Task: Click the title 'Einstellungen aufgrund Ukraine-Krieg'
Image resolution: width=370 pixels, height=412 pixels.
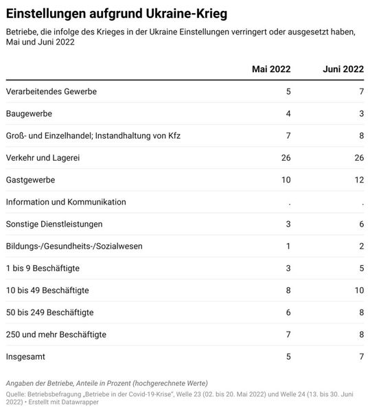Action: click(117, 14)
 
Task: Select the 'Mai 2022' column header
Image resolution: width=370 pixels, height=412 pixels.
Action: click(271, 69)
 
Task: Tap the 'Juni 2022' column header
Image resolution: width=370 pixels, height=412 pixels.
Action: click(343, 69)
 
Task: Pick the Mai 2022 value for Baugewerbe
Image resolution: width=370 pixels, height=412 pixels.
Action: click(288, 113)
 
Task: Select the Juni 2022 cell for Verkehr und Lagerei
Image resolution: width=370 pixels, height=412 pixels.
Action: click(358, 158)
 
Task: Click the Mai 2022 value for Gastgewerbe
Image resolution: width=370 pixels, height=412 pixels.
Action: click(286, 180)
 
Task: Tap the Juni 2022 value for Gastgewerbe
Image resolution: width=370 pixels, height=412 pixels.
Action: click(358, 180)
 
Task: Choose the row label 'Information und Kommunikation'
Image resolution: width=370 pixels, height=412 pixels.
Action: click(66, 202)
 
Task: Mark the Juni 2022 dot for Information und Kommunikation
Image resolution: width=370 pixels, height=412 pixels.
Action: click(362, 203)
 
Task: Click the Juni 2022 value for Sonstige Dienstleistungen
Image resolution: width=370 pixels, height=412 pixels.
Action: click(360, 224)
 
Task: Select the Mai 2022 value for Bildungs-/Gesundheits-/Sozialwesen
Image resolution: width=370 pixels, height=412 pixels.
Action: click(288, 246)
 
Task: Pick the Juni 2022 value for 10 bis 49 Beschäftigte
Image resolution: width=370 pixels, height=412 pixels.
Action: click(358, 290)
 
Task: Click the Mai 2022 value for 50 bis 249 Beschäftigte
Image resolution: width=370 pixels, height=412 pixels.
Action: click(288, 312)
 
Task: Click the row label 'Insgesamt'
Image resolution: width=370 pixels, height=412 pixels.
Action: click(27, 357)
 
